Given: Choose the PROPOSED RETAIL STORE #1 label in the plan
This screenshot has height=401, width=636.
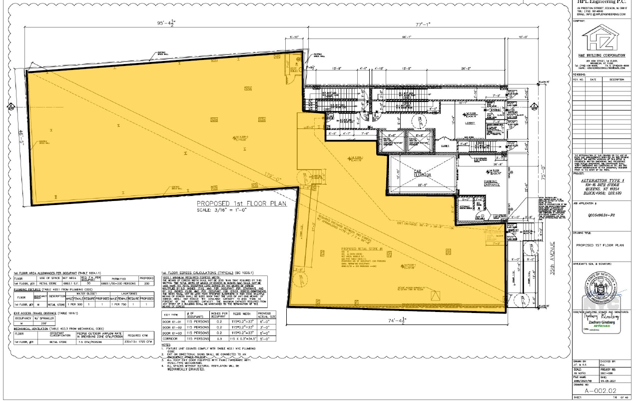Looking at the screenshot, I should [361, 248].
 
